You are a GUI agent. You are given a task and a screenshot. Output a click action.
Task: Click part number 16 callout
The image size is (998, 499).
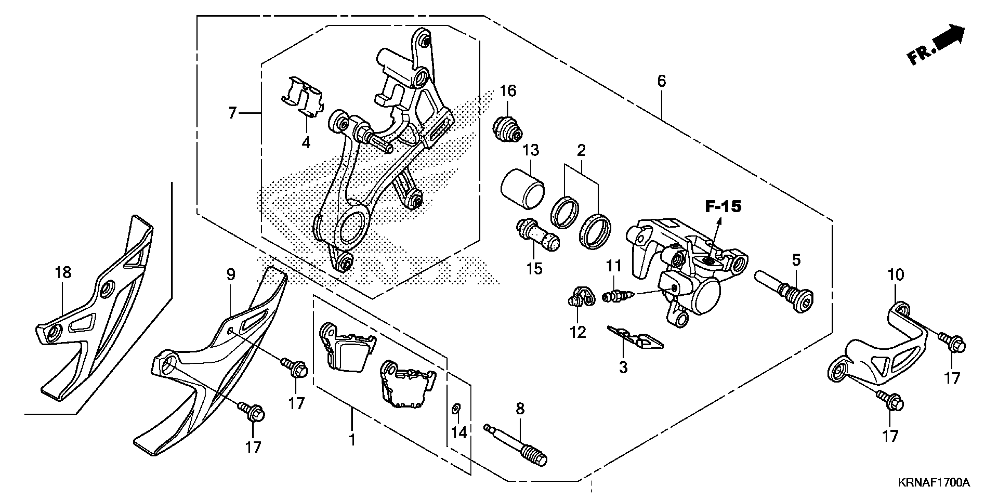pyautogui.click(x=508, y=91)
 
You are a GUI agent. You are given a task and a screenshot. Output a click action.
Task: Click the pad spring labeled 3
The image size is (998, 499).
pyautogui.click(x=635, y=337)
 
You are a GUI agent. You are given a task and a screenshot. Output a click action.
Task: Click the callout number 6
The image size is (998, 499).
pyautogui.click(x=661, y=81)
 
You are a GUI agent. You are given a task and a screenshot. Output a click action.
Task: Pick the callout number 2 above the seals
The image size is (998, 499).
pyautogui.click(x=581, y=150)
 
